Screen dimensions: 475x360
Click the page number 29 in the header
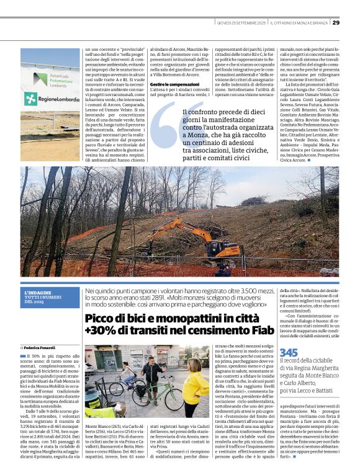(336, 22)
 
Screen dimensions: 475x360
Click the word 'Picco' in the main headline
(102, 319)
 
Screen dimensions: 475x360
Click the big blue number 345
(289, 352)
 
